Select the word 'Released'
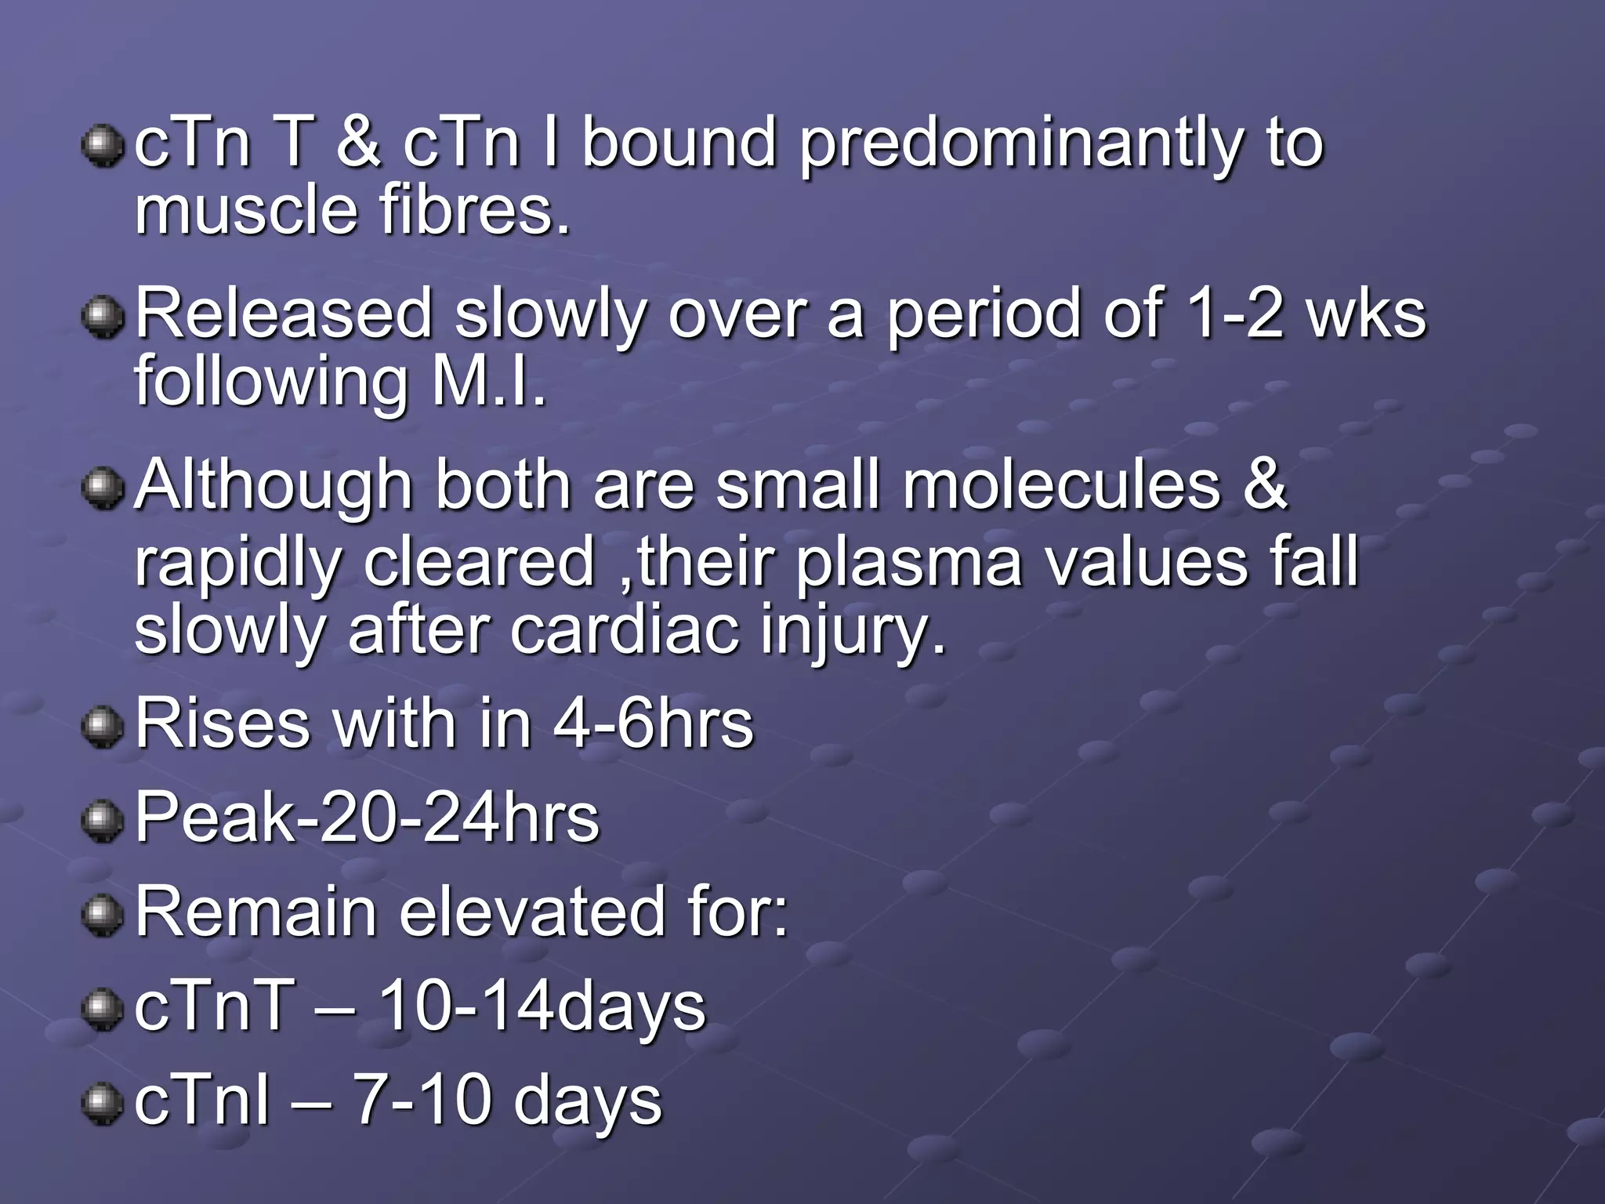pos(284,314)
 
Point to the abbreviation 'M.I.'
pos(487,383)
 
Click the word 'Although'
pos(274,486)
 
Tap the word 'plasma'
pos(909,563)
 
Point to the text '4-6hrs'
pos(653,724)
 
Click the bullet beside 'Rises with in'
pos(103,727)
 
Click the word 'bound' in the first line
pos(678,143)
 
